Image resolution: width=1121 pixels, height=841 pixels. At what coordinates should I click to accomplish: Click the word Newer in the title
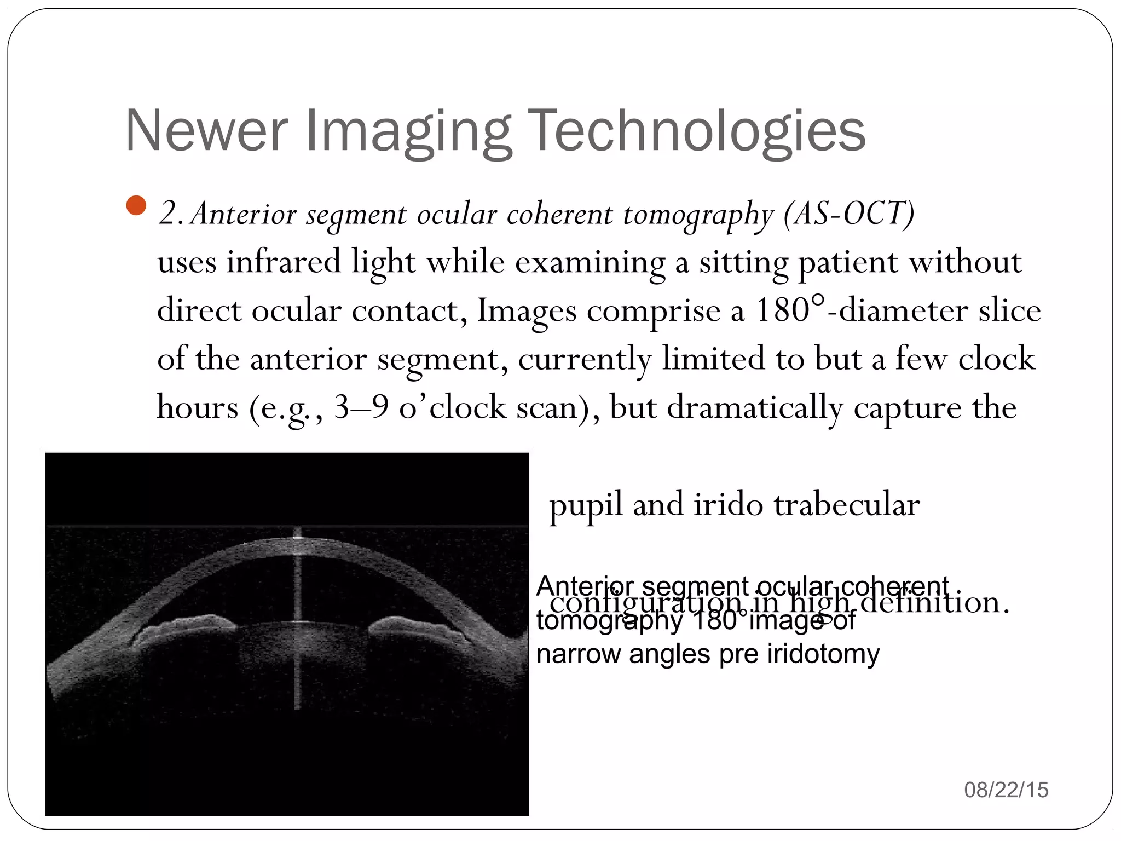pos(206,131)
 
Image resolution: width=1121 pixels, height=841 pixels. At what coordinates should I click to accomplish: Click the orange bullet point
pos(136,206)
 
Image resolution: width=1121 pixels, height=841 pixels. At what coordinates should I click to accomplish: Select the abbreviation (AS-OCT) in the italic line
pos(848,214)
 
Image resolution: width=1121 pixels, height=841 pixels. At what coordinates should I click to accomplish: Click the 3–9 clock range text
pos(361,407)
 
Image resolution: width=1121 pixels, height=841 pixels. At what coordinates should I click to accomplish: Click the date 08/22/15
pos(1006,790)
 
